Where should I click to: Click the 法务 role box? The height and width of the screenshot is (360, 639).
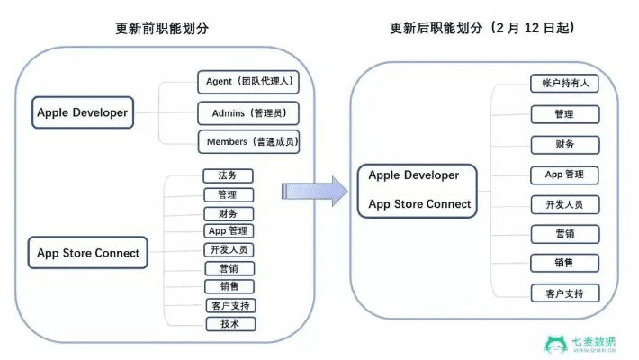(x=229, y=175)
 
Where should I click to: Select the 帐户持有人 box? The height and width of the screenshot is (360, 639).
(x=564, y=84)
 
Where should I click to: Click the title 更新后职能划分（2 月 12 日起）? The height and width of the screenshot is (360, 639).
(x=482, y=27)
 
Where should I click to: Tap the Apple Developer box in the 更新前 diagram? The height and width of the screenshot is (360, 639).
(x=82, y=113)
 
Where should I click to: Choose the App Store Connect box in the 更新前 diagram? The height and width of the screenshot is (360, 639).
(x=88, y=253)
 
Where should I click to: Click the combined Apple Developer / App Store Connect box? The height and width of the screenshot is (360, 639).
(x=418, y=190)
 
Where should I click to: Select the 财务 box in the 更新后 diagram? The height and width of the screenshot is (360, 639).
(x=564, y=144)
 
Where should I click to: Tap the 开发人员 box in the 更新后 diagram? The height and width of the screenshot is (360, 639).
(x=564, y=204)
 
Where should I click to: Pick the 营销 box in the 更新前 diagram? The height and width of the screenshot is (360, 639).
(x=229, y=268)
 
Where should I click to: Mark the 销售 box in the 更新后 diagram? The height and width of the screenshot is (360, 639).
(x=564, y=263)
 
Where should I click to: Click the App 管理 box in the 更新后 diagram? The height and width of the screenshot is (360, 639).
(x=564, y=174)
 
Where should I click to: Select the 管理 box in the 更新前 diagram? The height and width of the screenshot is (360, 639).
(x=229, y=194)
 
